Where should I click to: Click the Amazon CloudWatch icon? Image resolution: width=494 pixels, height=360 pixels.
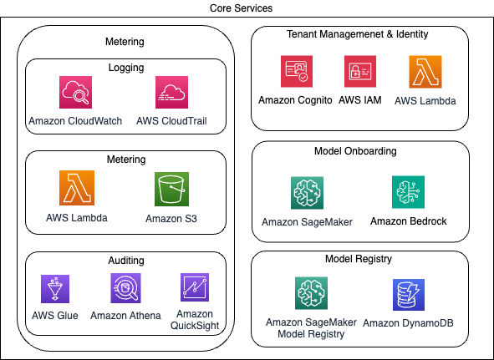[x=75, y=93]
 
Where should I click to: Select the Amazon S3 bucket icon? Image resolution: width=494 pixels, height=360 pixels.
[x=171, y=189]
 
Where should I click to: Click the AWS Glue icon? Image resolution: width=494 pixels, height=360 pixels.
[x=55, y=288]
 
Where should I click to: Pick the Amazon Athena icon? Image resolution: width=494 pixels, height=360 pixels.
[x=125, y=288]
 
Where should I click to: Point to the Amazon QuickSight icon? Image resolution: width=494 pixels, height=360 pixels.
[x=195, y=287]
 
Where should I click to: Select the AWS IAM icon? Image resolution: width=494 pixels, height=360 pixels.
[x=360, y=73]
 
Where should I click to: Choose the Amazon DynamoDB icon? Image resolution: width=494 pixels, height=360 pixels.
[x=409, y=296]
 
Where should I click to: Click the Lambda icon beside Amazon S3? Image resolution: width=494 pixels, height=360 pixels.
[x=76, y=189]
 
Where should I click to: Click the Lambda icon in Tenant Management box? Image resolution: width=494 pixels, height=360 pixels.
[x=425, y=73]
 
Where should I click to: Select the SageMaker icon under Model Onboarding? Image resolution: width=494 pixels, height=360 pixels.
[x=307, y=193]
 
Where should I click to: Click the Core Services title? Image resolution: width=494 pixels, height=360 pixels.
[x=247, y=8]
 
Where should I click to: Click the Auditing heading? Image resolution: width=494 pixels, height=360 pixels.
[x=125, y=261]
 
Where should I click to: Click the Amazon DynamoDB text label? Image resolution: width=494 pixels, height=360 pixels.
[x=409, y=322]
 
